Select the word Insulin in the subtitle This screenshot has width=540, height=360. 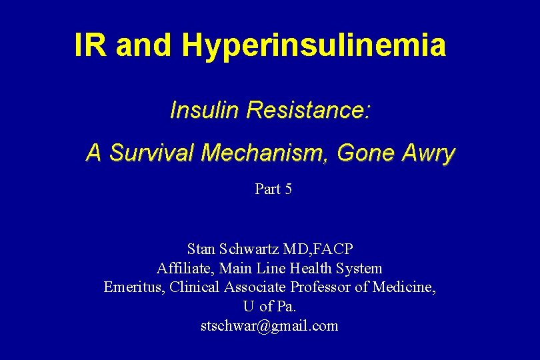(205, 110)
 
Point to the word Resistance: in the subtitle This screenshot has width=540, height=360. (309, 110)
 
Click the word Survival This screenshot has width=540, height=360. (151, 153)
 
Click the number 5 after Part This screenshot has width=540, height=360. (288, 189)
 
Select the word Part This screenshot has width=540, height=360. (267, 189)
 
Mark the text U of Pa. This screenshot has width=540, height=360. (269, 307)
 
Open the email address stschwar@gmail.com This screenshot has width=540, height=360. (269, 326)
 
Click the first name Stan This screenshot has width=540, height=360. (201, 249)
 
